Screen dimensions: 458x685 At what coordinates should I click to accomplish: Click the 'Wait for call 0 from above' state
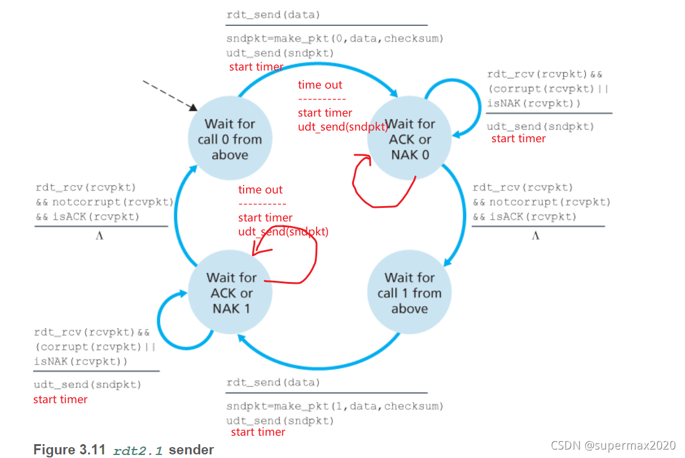[x=230, y=139]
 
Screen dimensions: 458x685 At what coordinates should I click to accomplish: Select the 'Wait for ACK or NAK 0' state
[x=410, y=139]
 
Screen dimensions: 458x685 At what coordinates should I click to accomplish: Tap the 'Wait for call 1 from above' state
[x=409, y=293]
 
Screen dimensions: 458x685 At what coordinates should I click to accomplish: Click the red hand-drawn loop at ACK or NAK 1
[x=301, y=265]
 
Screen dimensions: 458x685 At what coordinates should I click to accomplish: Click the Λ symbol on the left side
[x=99, y=236]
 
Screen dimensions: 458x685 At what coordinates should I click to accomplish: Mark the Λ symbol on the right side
[x=535, y=236]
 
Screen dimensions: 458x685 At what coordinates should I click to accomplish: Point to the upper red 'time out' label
[x=320, y=85]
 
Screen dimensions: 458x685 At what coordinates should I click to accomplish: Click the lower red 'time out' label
[x=260, y=190]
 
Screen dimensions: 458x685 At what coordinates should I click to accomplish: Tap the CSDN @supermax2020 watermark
[x=613, y=446]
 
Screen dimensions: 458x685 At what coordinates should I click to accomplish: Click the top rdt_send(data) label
[x=273, y=13]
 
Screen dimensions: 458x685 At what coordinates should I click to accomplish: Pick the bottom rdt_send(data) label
[x=273, y=383]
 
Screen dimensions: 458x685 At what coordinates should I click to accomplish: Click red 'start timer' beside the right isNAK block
[x=518, y=139]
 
